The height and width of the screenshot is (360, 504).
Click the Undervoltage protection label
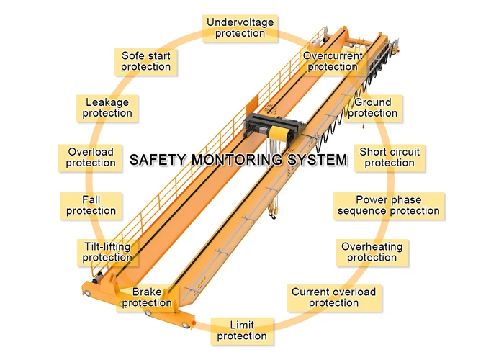[x=240, y=28]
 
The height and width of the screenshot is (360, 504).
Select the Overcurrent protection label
[x=332, y=61]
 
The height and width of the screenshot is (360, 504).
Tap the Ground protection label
[x=373, y=108]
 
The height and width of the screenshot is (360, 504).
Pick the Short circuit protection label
[x=389, y=157]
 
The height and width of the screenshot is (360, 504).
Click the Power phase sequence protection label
[x=389, y=205]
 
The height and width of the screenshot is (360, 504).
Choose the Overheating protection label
[x=372, y=252]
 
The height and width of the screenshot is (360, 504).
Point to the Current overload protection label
[x=333, y=297]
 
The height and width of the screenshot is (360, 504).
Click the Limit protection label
[x=242, y=330]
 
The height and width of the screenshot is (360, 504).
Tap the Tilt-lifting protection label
[x=107, y=252]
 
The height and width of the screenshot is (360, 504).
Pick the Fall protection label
[x=91, y=205]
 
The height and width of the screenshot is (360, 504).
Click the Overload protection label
[x=91, y=157]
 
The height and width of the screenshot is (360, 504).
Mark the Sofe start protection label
[x=146, y=61]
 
